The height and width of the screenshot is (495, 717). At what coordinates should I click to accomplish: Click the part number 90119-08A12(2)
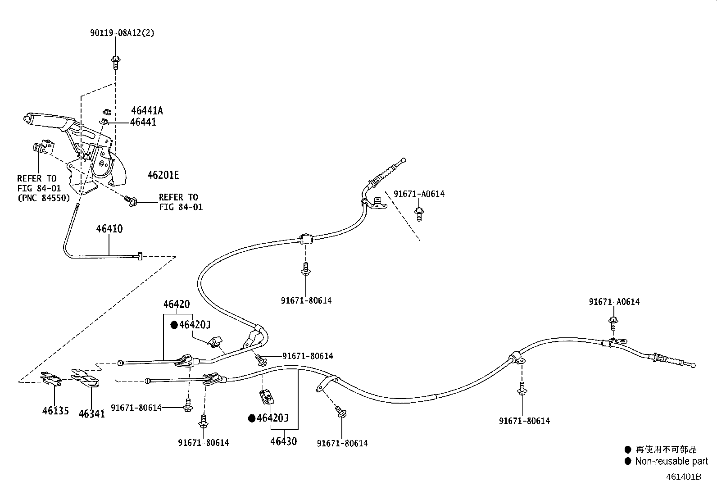122,33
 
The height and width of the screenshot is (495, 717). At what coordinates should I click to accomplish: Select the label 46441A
147,110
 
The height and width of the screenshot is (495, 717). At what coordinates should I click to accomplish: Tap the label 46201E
163,175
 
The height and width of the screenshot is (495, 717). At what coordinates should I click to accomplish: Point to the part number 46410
109,229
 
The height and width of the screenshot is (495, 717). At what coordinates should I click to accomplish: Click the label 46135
55,410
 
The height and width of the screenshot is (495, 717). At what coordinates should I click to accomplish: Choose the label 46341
92,413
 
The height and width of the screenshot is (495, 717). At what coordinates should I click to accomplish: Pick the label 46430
284,441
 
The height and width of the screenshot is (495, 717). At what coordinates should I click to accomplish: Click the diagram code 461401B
684,477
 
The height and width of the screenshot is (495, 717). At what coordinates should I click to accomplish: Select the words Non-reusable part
672,461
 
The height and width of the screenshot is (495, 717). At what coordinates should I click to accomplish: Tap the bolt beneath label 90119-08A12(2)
116,63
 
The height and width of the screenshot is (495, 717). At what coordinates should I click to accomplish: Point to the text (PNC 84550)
44,198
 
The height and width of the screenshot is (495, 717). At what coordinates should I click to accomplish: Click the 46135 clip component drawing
51,378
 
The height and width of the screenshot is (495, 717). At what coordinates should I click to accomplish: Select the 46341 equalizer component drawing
85,378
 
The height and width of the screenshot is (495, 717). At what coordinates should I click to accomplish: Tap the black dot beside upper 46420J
174,325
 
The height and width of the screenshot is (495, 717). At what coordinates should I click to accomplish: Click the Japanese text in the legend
666,449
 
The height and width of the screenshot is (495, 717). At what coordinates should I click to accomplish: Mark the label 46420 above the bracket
177,304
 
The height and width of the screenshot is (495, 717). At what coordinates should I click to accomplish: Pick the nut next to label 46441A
107,112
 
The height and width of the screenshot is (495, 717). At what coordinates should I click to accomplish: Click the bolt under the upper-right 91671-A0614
419,214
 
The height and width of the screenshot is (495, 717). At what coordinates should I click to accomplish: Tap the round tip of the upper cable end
404,160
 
